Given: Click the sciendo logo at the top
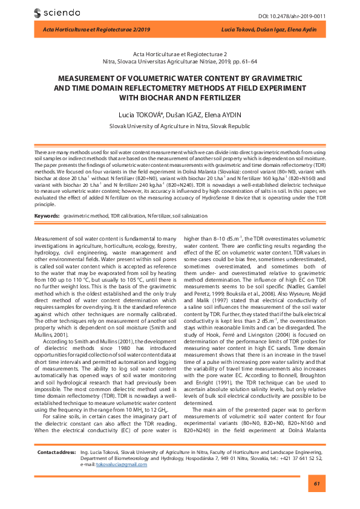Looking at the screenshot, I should coord(55,12).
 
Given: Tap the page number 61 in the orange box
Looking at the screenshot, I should coord(315,484).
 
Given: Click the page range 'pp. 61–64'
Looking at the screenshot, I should coord(242,61).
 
